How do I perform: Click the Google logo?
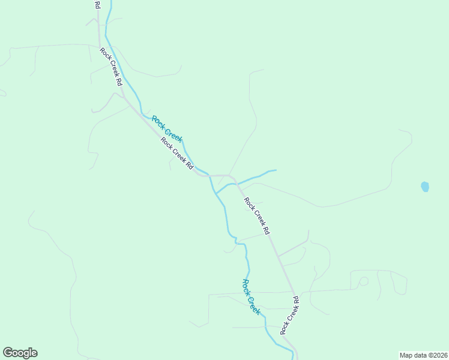20,353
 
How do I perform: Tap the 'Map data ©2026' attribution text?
423,355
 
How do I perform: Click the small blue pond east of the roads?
425,187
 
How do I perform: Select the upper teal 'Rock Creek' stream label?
167,129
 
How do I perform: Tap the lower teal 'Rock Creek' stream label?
251,297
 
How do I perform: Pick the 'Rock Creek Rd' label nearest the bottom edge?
289,315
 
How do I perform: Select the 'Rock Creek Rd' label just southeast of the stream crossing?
257,214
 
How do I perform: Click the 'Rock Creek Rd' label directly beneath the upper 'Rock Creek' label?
176,154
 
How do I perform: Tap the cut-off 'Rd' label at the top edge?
97,4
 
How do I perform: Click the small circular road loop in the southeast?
363,281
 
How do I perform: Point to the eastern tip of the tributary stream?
275,170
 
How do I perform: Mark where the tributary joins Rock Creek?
215,193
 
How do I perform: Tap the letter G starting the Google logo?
8,353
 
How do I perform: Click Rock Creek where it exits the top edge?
110,2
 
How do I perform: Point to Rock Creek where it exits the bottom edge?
293,358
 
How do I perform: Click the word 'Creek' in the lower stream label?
255,304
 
